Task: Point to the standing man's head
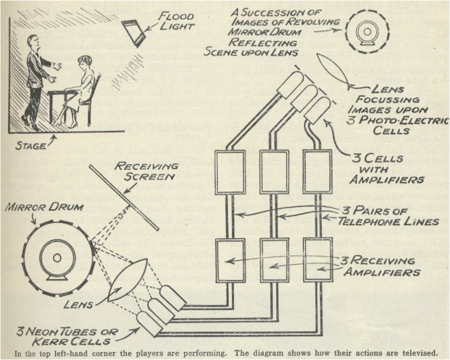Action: [33, 42]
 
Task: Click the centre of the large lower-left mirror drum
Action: [56, 258]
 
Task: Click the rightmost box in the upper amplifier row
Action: [317, 171]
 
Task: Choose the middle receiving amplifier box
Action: [274, 259]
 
